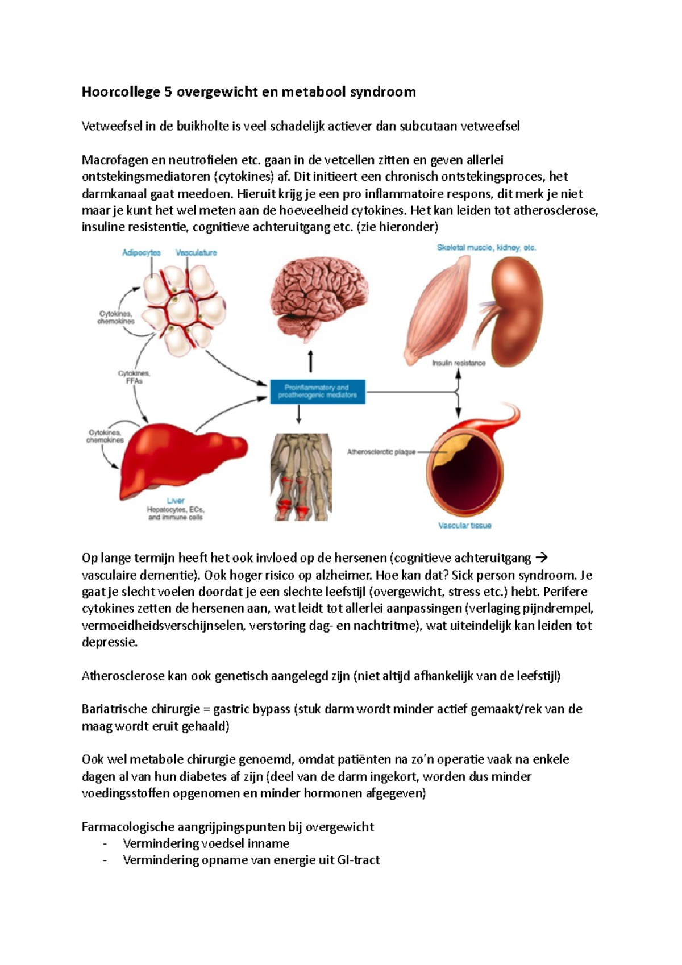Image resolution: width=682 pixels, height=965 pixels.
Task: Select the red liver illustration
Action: pyautogui.click(x=182, y=460)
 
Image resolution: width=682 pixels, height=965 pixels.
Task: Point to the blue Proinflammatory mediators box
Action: pyautogui.click(x=317, y=392)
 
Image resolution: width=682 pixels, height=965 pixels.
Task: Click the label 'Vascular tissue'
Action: pyautogui.click(x=464, y=526)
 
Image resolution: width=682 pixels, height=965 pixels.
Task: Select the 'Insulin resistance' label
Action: pyautogui.click(x=459, y=363)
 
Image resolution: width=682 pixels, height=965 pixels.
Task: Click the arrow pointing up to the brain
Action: pyautogui.click(x=310, y=361)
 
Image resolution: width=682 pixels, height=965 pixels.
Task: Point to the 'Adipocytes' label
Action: pyautogui.click(x=141, y=253)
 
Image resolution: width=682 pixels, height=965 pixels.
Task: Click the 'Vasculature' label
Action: pyautogui.click(x=196, y=253)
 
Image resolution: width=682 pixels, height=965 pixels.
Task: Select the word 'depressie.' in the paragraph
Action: pyautogui.click(x=110, y=643)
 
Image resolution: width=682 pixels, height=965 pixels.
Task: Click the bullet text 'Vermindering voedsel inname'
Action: pyautogui.click(x=206, y=843)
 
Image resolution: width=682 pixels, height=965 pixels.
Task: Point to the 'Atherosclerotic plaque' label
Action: pyautogui.click(x=381, y=452)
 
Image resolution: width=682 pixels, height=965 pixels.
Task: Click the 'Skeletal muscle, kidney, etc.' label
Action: pyautogui.click(x=486, y=248)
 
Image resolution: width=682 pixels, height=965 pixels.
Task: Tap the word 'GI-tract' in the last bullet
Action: pyautogui.click(x=358, y=860)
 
